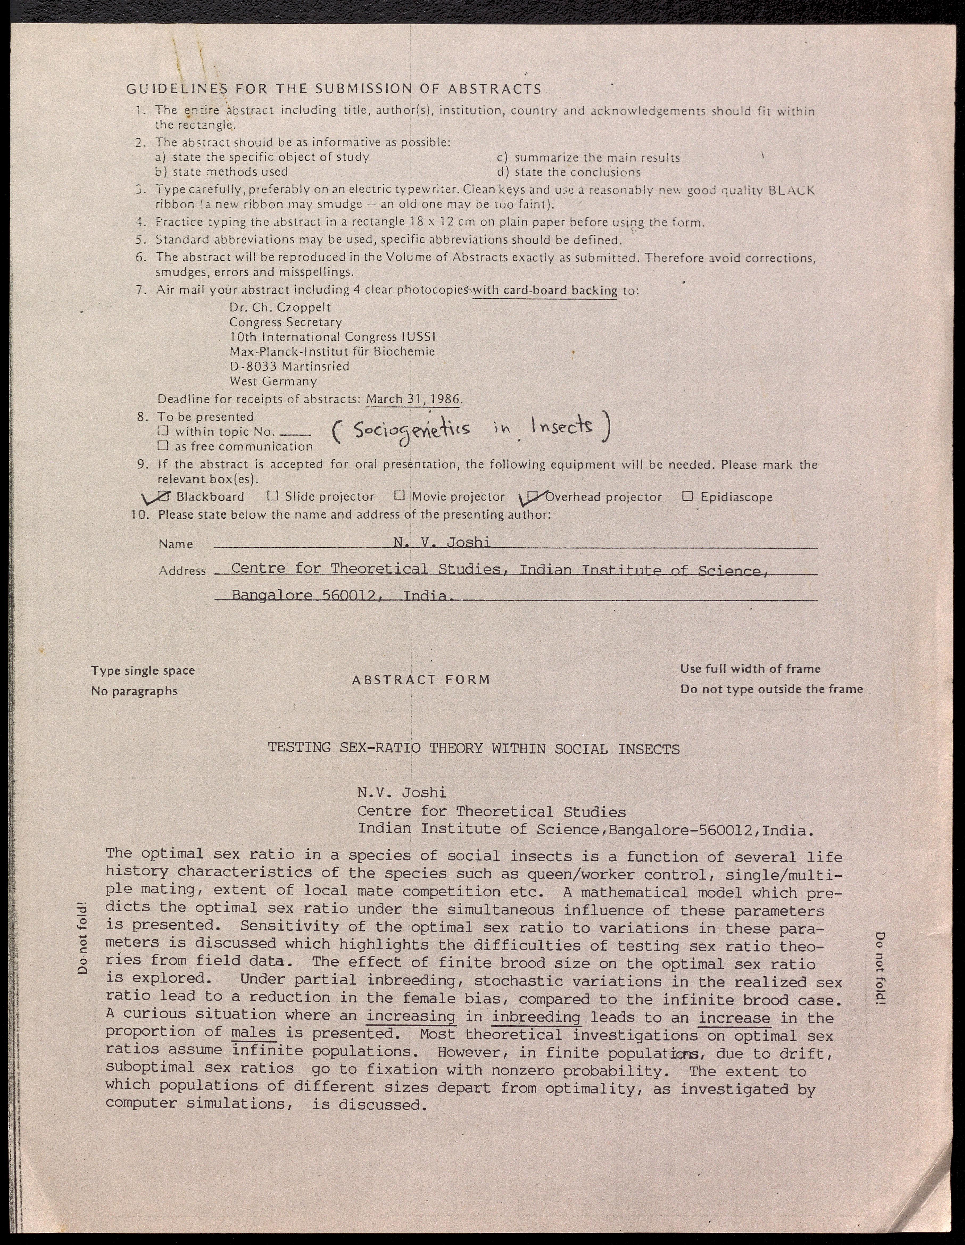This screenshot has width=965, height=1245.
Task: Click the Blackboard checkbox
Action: coord(164,496)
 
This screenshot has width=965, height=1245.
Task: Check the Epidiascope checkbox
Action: coord(688,496)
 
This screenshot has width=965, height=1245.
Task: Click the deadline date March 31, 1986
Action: coord(413,398)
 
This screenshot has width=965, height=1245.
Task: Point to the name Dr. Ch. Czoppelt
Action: coord(280,307)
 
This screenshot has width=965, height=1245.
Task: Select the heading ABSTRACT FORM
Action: coord(421,680)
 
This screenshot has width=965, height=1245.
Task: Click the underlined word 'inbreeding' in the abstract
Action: coord(536,1017)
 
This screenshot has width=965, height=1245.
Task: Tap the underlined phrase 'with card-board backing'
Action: coord(545,290)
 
